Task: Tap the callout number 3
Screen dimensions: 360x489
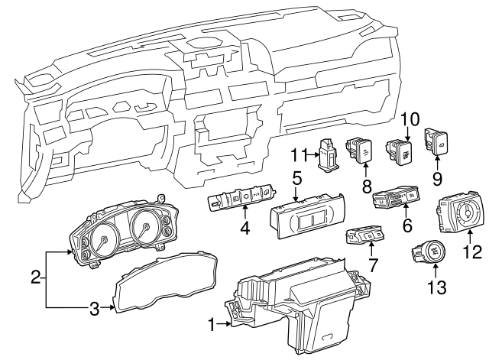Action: pyautogui.click(x=93, y=310)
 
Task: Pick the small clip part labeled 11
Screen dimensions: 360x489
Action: pyautogui.click(x=330, y=154)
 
